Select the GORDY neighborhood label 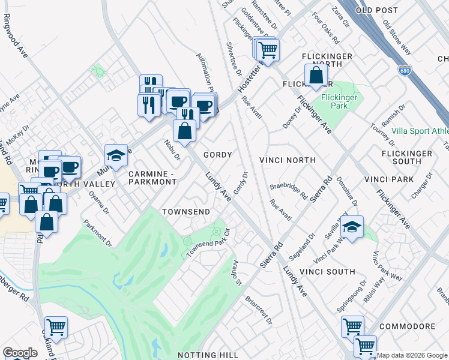tap(217, 155)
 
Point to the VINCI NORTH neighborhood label tap(287, 160)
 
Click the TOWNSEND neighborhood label tap(186, 212)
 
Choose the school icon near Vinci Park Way tap(352, 227)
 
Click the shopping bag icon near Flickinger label tap(316, 76)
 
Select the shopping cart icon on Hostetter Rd tap(267, 49)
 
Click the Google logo tap(20, 353)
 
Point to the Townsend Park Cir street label tap(208, 244)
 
